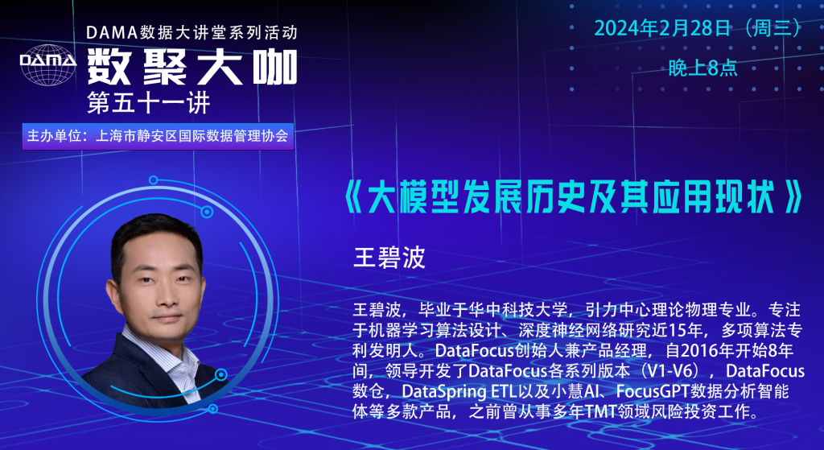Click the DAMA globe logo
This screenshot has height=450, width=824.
47,64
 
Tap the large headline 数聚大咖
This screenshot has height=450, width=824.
192,68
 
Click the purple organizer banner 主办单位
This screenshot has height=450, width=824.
158,137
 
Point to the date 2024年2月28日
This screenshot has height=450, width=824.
662,28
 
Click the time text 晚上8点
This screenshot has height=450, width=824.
702,68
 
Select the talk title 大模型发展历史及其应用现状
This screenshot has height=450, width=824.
572,197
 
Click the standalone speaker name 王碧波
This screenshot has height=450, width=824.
389,258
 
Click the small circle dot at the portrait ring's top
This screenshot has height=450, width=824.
154,180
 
